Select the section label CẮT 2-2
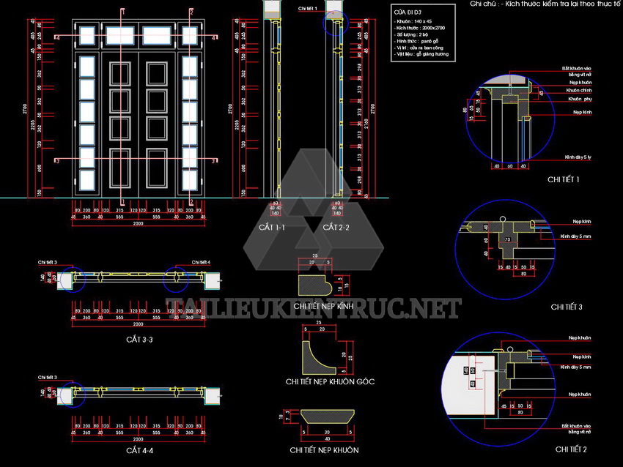(336, 228)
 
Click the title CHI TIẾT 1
(564, 179)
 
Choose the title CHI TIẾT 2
(571, 449)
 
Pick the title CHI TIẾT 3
(567, 307)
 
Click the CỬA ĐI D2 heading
(405, 13)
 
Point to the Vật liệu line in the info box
(421, 54)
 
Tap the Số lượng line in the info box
(415, 34)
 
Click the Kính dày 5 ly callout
(578, 157)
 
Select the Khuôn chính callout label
(580, 90)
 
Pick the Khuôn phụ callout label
(579, 98)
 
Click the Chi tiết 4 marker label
(201, 262)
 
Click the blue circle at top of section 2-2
(334, 24)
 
